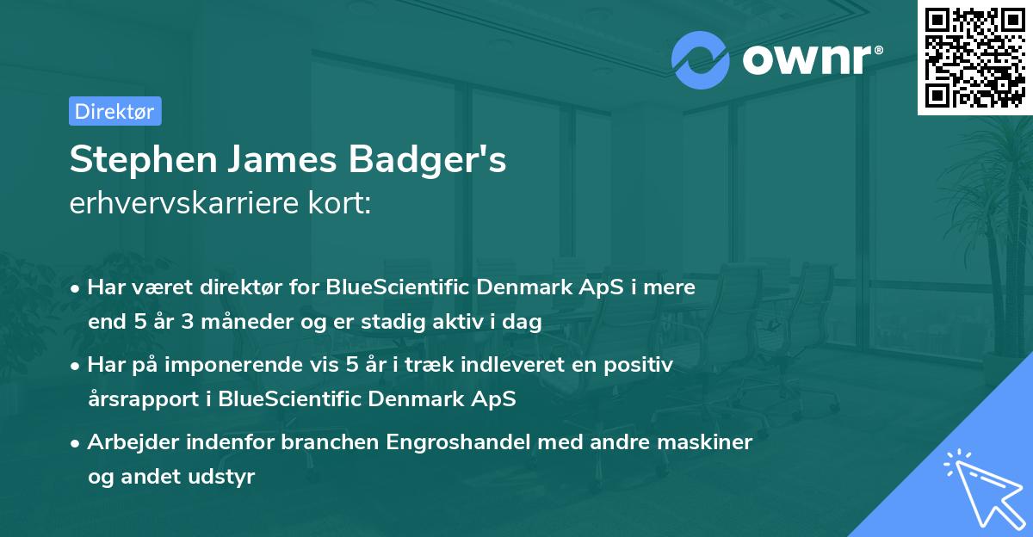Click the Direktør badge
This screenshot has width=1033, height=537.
114,111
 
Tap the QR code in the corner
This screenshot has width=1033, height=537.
974,57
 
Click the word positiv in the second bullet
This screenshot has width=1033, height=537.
641,365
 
